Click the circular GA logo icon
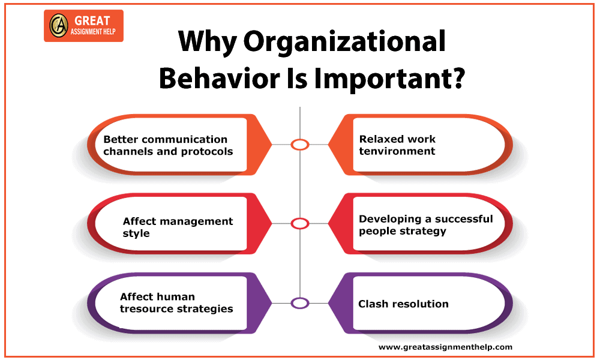tap(58, 26)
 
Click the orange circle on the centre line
tap(299, 145)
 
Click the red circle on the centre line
tap(299, 224)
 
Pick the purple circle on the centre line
tap(299, 303)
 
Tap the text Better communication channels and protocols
tap(168, 145)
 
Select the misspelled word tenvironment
tap(397, 151)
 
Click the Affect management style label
tap(178, 227)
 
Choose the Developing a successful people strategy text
tap(425, 225)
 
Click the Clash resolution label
tap(403, 304)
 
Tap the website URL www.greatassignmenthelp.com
tap(445, 347)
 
